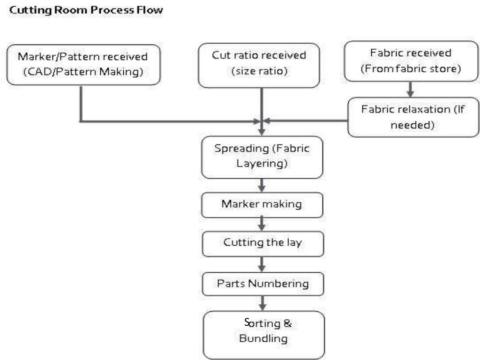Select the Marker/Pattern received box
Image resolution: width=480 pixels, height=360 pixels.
(x=82, y=65)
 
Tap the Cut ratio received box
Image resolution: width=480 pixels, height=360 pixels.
(x=259, y=65)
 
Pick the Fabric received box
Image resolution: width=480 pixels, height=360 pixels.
(x=411, y=60)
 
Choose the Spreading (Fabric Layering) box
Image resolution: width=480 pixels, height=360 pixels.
(x=262, y=157)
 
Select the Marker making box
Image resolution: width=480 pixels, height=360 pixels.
(x=262, y=205)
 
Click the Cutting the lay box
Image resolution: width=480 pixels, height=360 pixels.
(x=262, y=243)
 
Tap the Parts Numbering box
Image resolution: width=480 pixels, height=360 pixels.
(x=262, y=283)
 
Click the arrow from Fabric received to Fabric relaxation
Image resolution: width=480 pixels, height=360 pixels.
(x=410, y=90)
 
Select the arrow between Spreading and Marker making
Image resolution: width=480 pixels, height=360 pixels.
(x=262, y=185)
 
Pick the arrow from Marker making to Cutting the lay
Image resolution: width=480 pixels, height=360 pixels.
(x=262, y=224)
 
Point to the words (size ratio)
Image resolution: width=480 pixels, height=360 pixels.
(x=259, y=72)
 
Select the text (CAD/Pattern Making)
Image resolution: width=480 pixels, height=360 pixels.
(x=82, y=72)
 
